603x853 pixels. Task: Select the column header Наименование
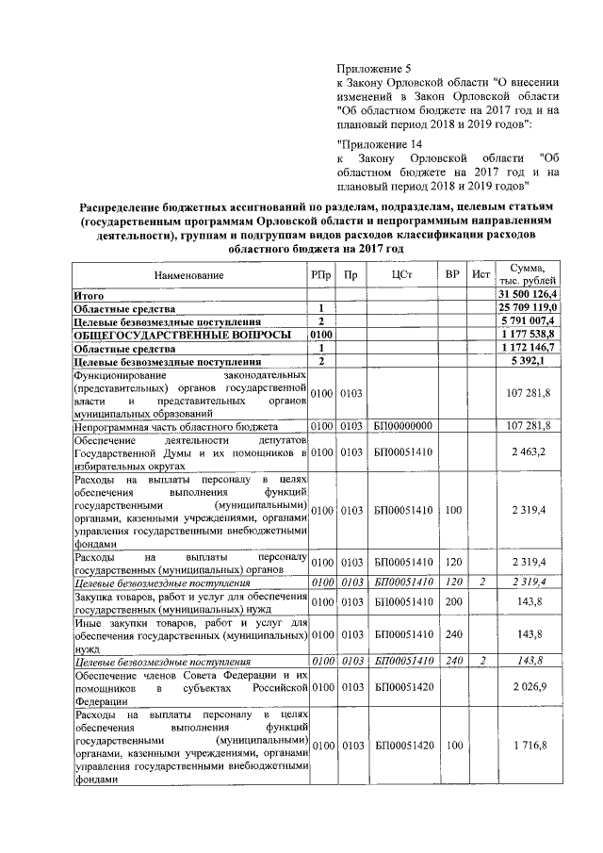tap(190, 275)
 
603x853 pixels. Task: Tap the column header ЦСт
tap(402, 275)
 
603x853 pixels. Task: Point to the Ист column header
tap(481, 275)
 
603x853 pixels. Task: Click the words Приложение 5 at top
tap(374, 69)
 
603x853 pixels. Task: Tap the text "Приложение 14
tap(379, 142)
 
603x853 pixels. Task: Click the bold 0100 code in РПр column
tap(321, 334)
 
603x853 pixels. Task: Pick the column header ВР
tap(452, 275)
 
